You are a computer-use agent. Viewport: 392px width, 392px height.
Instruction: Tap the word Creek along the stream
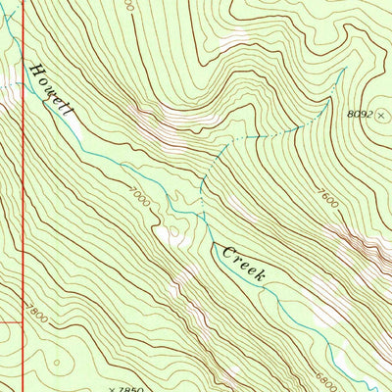(244, 264)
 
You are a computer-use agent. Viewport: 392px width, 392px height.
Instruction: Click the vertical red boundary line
(22, 196)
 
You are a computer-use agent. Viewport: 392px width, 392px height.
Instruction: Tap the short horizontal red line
(11, 320)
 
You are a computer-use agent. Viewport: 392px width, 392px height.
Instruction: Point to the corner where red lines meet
(22, 320)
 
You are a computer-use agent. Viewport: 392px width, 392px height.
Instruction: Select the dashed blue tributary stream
(265, 132)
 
